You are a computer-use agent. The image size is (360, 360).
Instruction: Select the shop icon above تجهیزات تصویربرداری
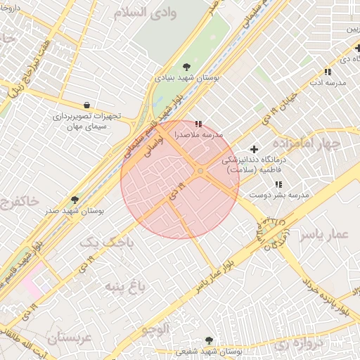pyautogui.click(x=86, y=104)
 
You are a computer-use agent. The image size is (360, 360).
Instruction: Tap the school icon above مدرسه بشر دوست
pyautogui.click(x=279, y=184)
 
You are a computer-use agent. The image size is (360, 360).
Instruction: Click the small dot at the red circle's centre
pyautogui.click(x=200, y=171)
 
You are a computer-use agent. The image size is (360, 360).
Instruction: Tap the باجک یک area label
pyautogui.click(x=104, y=242)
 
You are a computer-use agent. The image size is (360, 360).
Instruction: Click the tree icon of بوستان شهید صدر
pyautogui.click(x=75, y=200)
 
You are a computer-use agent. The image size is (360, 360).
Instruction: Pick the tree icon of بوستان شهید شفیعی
pyautogui.click(x=209, y=340)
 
